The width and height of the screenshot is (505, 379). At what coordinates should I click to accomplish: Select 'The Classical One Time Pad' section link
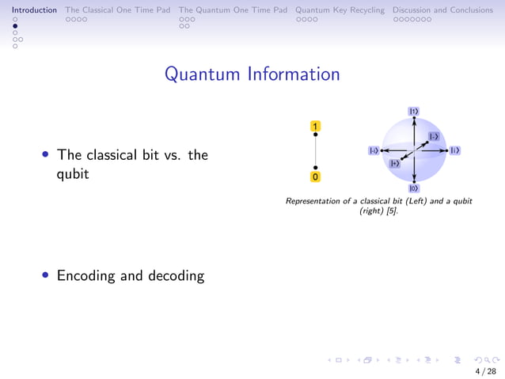(118, 10)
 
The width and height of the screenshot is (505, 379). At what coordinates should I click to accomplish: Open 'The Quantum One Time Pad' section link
(233, 10)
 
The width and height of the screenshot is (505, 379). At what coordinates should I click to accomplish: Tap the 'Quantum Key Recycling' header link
(340, 10)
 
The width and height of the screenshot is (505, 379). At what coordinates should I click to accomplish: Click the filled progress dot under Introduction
(14, 25)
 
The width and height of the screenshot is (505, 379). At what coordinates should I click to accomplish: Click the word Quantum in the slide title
(203, 74)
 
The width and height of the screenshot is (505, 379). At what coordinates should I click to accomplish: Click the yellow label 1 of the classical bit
(316, 126)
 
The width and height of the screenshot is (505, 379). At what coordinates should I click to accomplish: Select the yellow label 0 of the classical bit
(316, 177)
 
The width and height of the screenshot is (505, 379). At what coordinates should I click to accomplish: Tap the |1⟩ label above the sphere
(414, 112)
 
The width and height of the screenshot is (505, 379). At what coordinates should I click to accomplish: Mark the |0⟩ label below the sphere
(414, 188)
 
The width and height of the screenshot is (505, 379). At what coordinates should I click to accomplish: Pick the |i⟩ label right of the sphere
(455, 150)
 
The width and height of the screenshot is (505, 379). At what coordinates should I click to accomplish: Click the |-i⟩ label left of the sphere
(373, 150)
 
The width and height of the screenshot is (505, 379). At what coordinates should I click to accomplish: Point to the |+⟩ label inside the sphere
(394, 163)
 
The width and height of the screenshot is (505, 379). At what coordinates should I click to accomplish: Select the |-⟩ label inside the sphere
(434, 137)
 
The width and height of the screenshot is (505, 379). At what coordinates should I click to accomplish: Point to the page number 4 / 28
(485, 371)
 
